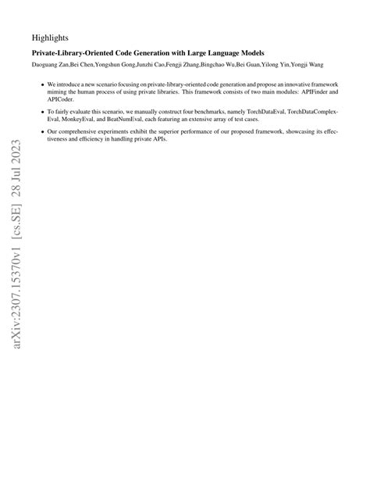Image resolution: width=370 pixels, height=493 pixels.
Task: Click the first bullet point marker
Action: (42, 84)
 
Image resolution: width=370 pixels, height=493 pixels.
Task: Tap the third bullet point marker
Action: (42, 133)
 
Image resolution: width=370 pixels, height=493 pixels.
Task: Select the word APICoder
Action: (62, 100)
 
